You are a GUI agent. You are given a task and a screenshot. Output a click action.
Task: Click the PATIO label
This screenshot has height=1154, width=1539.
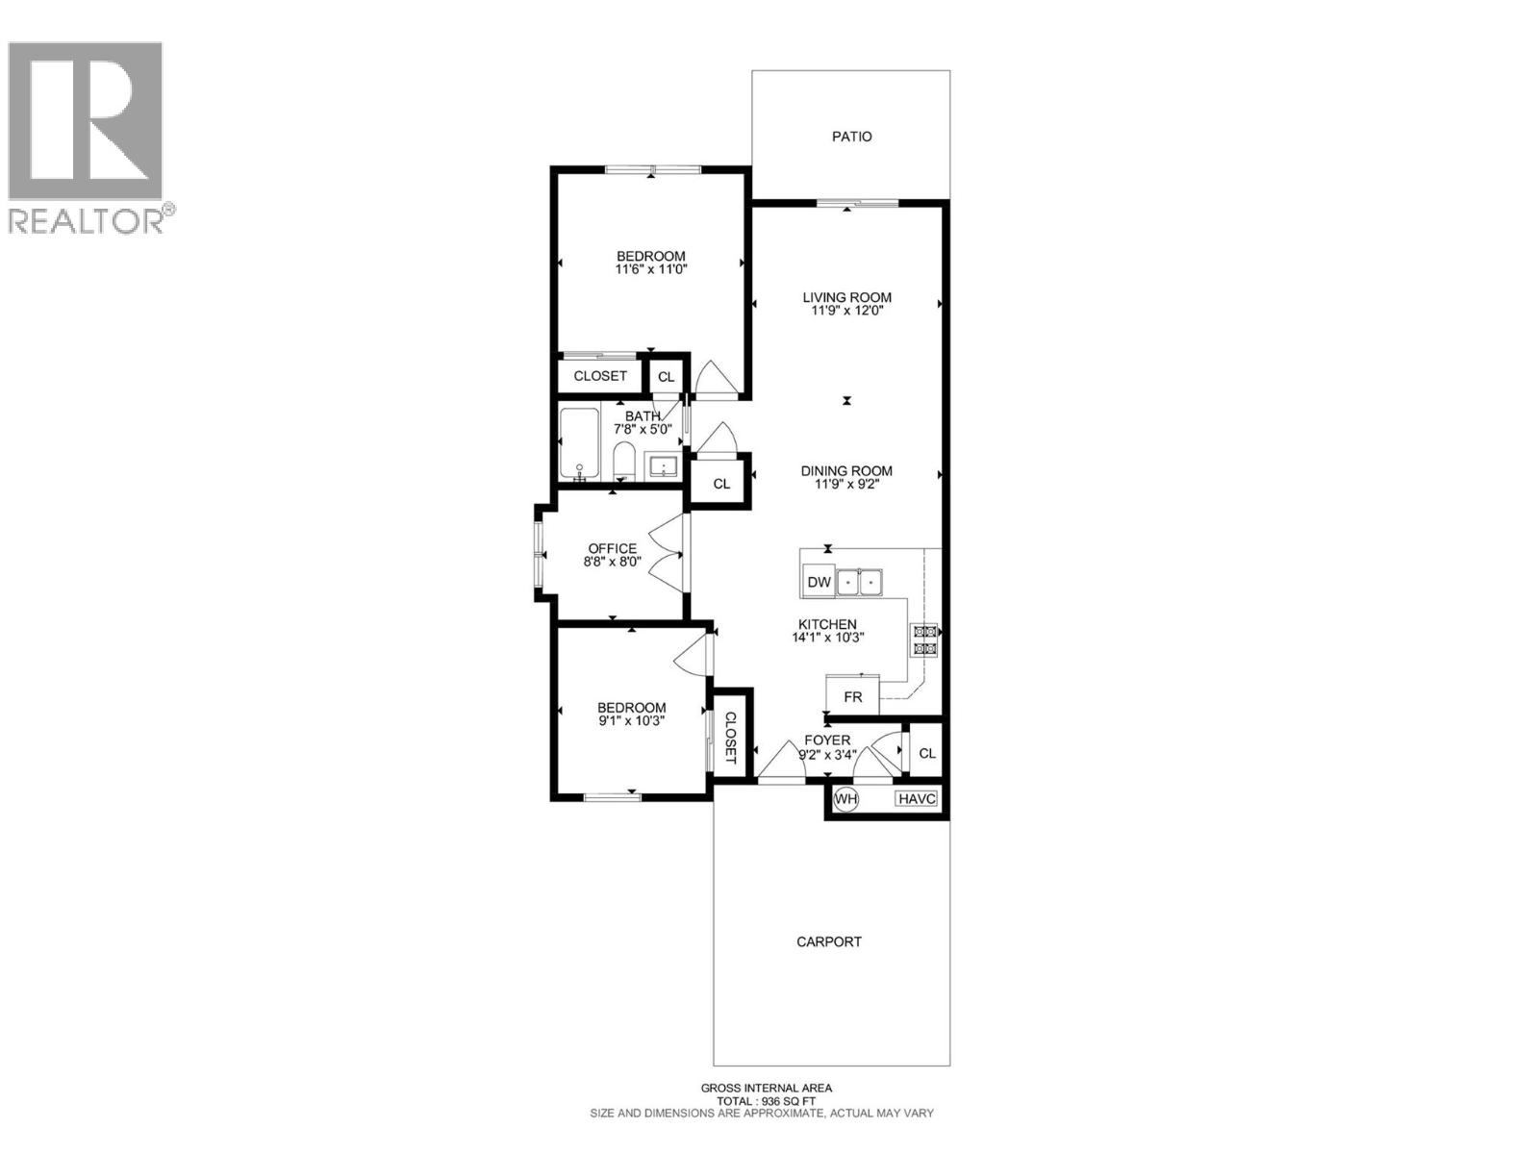[x=851, y=137]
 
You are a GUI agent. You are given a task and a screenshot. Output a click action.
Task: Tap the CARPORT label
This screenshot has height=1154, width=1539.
[x=828, y=941]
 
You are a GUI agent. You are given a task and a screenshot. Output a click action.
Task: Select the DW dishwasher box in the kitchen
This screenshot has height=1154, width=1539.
[x=819, y=582]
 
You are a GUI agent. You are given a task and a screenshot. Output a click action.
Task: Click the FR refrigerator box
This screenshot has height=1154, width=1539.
[x=852, y=696]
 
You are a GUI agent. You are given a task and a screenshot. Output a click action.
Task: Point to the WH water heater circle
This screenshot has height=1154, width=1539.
[x=845, y=798]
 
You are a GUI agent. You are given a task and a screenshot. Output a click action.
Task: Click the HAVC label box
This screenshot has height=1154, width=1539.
[x=916, y=798]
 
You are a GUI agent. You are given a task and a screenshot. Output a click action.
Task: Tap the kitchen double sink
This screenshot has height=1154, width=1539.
[x=860, y=582]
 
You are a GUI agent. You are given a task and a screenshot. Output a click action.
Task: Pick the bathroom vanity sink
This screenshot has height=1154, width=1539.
[x=664, y=466]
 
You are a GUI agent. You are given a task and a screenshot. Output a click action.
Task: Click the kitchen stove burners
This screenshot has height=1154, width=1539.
[x=925, y=640]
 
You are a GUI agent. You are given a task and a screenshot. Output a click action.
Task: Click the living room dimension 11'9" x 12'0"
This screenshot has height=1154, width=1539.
[x=846, y=311]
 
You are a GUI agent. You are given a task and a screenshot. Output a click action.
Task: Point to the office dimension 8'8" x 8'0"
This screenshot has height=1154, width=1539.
[x=613, y=562]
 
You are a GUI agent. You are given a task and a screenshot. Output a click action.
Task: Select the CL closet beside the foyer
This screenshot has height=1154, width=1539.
[x=926, y=753]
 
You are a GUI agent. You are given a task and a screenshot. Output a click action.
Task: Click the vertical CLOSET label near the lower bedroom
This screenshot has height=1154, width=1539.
[x=730, y=739]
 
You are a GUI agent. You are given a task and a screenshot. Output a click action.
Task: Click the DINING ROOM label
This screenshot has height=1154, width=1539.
[x=846, y=470]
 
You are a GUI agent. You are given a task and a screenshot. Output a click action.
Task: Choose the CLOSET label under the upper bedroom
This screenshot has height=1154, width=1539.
[x=600, y=376]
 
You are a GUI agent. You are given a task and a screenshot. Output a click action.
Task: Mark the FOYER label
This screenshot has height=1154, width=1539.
[x=827, y=740]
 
